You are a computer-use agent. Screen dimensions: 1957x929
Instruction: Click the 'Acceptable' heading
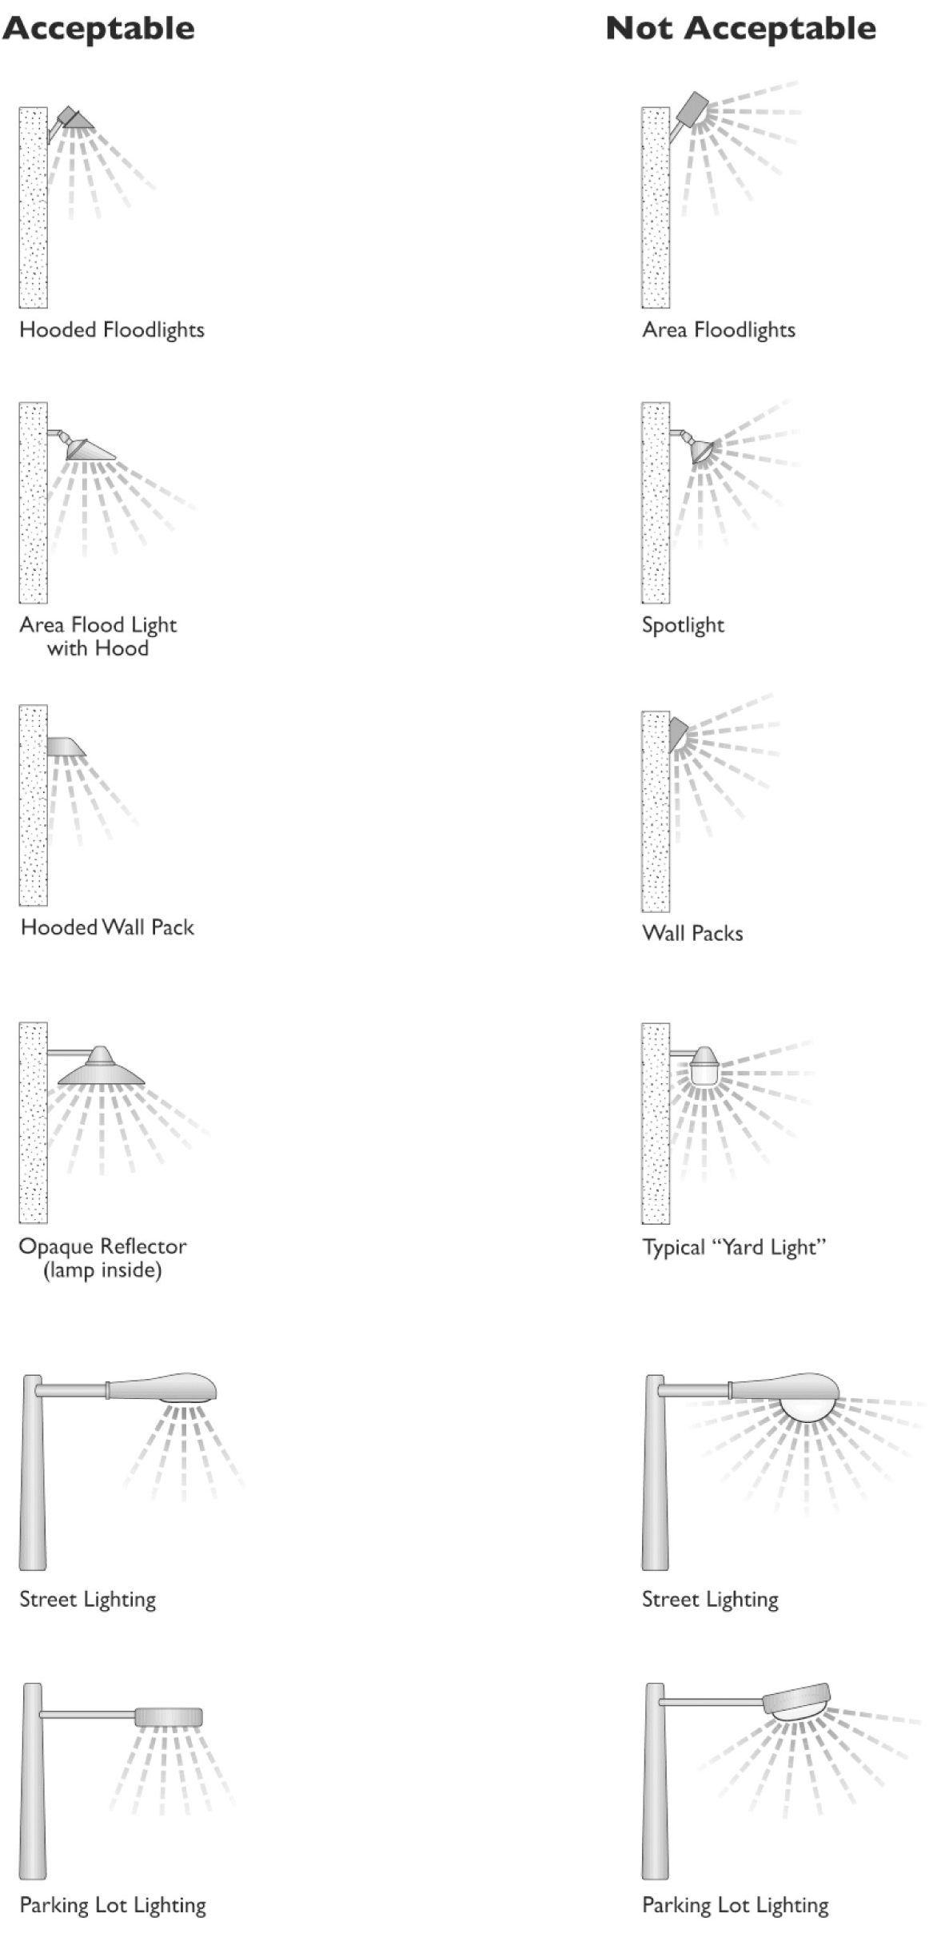(x=98, y=29)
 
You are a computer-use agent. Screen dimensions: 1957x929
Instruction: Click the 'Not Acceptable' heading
(x=740, y=29)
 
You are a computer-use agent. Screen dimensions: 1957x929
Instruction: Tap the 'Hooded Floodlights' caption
(x=112, y=329)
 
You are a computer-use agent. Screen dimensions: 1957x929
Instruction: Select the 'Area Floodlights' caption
(x=719, y=329)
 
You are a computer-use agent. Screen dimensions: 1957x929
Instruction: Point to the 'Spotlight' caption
(x=683, y=624)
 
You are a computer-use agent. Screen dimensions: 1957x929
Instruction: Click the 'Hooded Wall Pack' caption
(x=107, y=927)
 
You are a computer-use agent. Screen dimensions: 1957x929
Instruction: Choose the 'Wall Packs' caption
(x=692, y=933)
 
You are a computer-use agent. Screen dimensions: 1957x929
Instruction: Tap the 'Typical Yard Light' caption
(x=734, y=1247)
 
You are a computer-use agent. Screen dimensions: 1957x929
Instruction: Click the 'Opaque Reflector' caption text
(x=102, y=1246)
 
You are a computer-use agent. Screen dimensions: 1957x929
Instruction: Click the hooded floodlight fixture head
(x=76, y=119)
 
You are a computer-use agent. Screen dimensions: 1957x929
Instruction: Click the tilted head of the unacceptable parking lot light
(x=798, y=1700)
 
